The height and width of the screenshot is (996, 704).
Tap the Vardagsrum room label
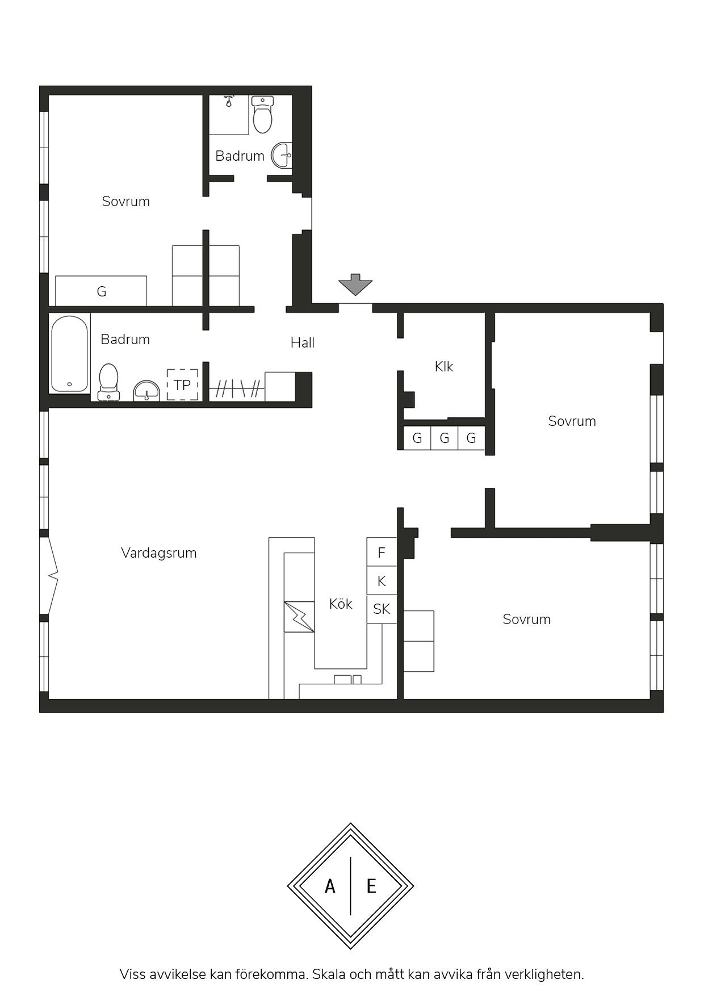[159, 553]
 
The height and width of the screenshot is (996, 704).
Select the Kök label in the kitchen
[341, 604]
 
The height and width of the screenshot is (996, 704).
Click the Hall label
[303, 342]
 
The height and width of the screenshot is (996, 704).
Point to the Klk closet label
[444, 366]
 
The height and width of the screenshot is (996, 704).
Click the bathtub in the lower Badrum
[70, 354]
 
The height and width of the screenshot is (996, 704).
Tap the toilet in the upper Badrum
[262, 114]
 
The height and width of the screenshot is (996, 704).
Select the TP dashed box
[182, 385]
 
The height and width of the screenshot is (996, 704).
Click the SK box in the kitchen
[382, 609]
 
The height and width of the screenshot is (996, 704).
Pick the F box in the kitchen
[382, 552]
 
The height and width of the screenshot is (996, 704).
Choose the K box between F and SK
[382, 581]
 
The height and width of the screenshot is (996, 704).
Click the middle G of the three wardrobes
[445, 438]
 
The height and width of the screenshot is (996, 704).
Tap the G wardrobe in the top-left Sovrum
[101, 291]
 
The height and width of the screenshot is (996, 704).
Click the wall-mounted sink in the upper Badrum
[282, 155]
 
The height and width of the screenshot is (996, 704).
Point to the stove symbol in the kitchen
[299, 617]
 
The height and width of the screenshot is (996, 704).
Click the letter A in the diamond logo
[330, 886]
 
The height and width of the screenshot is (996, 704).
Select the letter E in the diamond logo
[371, 886]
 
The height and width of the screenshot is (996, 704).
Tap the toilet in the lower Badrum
[108, 382]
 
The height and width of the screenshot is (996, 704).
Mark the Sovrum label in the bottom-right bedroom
[527, 619]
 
